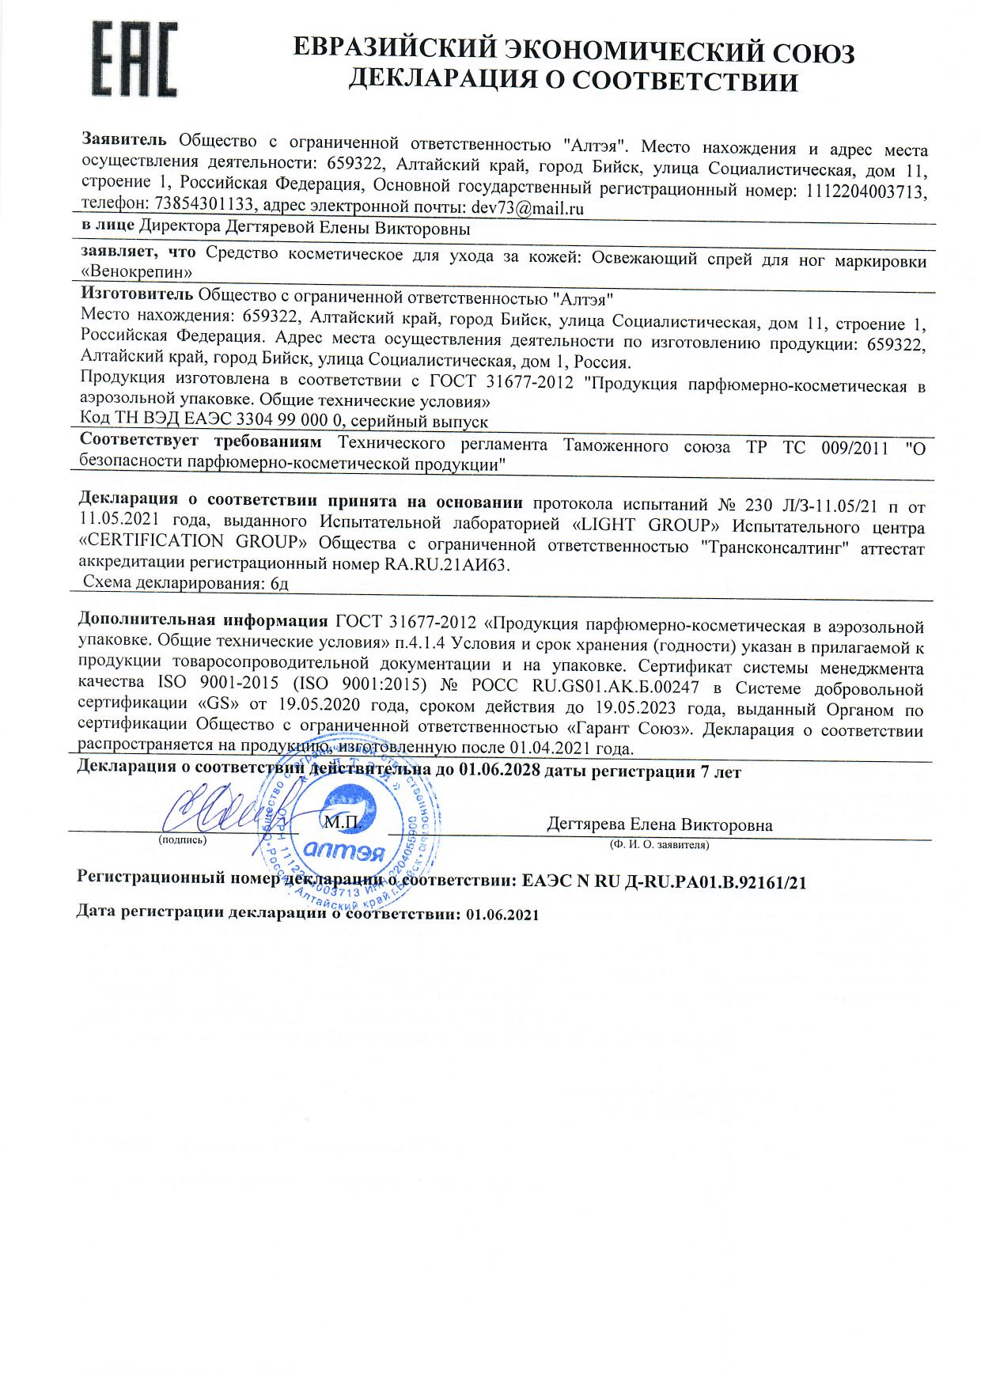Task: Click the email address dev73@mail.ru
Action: [x=527, y=209]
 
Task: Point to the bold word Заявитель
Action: [x=124, y=141]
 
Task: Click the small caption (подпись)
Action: [x=183, y=839]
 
